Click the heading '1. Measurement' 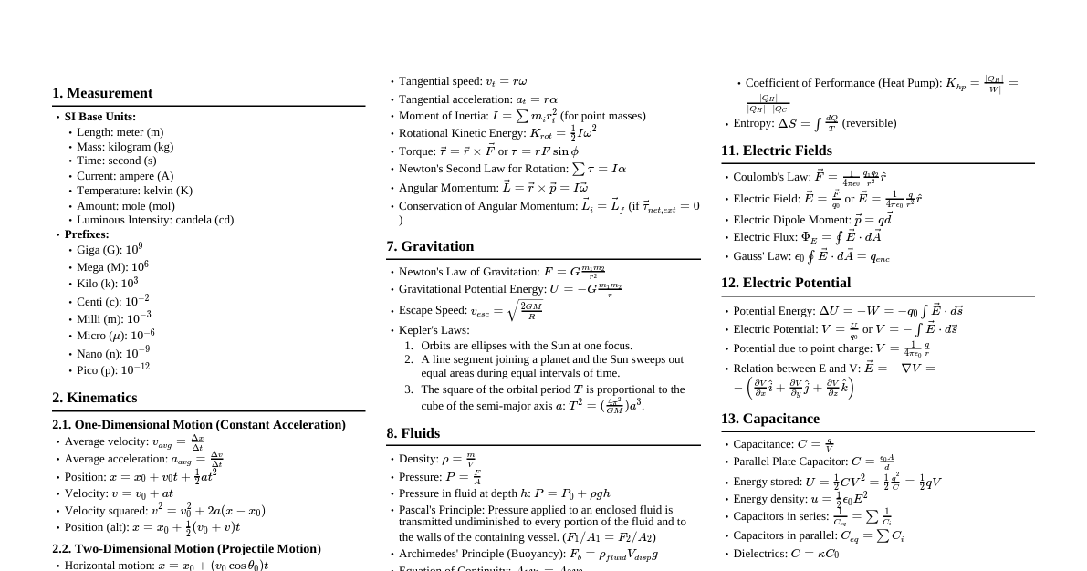pos(102,93)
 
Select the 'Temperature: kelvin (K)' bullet pos(134,191)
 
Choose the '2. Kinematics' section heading pos(95,398)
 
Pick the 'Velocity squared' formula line pos(164,511)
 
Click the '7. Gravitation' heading pos(430,246)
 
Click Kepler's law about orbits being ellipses pos(526,346)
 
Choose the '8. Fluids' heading pos(413,433)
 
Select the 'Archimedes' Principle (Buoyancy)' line pos(528,554)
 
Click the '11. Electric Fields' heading pos(776,151)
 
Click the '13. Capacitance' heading pos(769,419)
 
